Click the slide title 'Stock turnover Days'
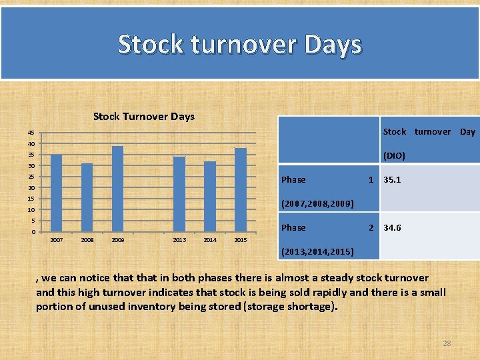pyautogui.click(x=239, y=45)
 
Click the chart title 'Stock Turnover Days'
pyautogui.click(x=144, y=117)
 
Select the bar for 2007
pyautogui.click(x=57, y=193)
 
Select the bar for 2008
pyautogui.click(x=87, y=197)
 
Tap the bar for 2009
pyautogui.click(x=117, y=189)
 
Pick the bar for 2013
pyautogui.click(x=179, y=194)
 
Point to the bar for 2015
pyautogui.click(x=241, y=189)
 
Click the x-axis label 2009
pyautogui.click(x=117, y=240)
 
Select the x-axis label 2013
pyautogui.click(x=179, y=240)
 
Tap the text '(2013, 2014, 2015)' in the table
pyautogui.click(x=321, y=251)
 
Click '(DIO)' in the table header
pyautogui.click(x=393, y=156)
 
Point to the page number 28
pyautogui.click(x=447, y=343)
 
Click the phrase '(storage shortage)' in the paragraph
pyautogui.click(x=291, y=307)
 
